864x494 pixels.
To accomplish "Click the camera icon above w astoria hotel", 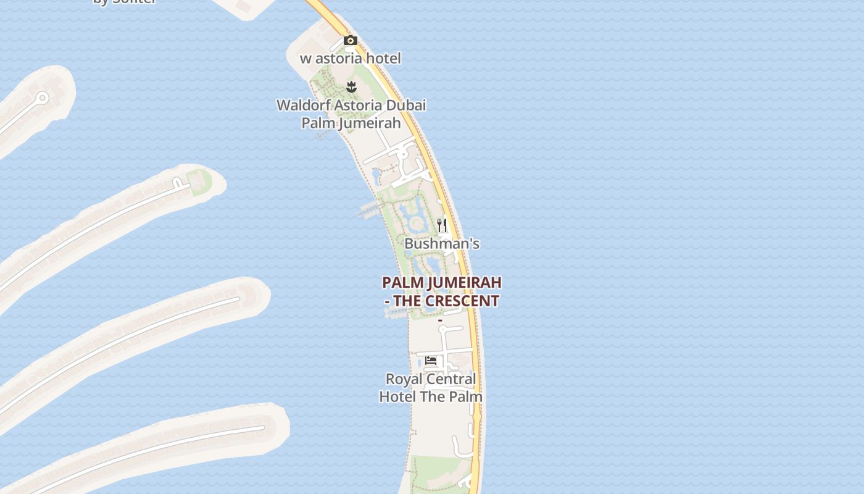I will pyautogui.click(x=351, y=41).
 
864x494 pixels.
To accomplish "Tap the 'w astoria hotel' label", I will pyautogui.click(x=351, y=59).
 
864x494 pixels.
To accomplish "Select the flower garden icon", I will pyautogui.click(x=351, y=87).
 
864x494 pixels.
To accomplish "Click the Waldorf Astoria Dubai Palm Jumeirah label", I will pyautogui.click(x=351, y=114).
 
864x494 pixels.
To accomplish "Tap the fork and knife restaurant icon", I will pyautogui.click(x=442, y=225).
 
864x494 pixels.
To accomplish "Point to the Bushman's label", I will pyautogui.click(x=442, y=244).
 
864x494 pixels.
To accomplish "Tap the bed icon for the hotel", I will pyautogui.click(x=431, y=361).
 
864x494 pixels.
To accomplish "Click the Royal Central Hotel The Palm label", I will pyautogui.click(x=431, y=387).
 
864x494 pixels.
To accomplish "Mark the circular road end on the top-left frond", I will pyautogui.click(x=42, y=98).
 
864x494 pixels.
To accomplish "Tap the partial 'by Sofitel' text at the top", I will pyautogui.click(x=124, y=2).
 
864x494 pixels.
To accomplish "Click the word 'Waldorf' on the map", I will pyautogui.click(x=300, y=105).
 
